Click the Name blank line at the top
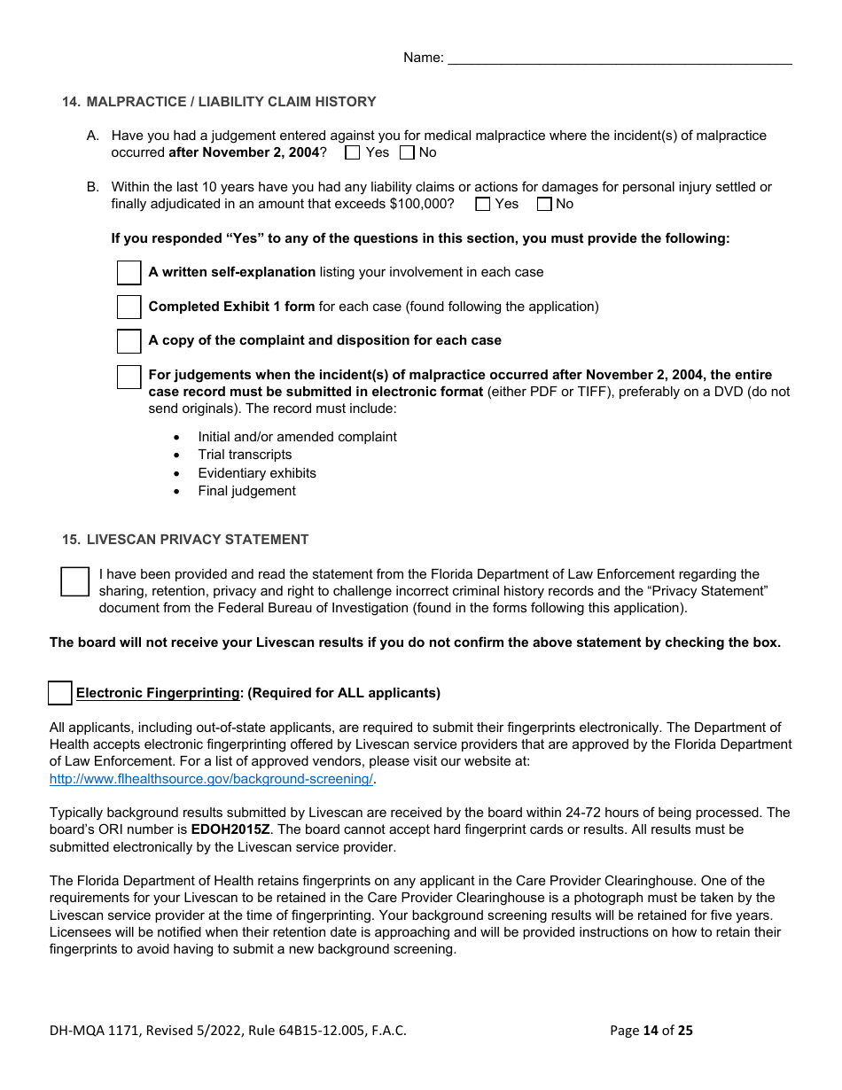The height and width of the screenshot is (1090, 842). pyautogui.click(x=620, y=58)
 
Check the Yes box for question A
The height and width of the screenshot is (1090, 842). pyautogui.click(x=353, y=152)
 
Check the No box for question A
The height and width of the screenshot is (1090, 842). pyautogui.click(x=407, y=152)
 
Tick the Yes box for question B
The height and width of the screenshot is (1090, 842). pyautogui.click(x=483, y=205)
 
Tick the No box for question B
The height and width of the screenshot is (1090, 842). pyautogui.click(x=544, y=205)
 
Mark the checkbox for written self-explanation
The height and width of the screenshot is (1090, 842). pyautogui.click(x=129, y=273)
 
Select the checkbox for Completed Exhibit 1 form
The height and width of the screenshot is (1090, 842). pyautogui.click(x=129, y=308)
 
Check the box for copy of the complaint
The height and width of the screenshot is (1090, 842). pyautogui.click(x=129, y=341)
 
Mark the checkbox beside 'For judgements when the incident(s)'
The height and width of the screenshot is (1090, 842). pyautogui.click(x=129, y=377)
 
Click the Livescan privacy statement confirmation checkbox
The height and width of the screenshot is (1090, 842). pyautogui.click(x=75, y=582)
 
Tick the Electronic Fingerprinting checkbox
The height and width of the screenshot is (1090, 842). pyautogui.click(x=60, y=693)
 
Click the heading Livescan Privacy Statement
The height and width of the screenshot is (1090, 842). pyautogui.click(x=197, y=540)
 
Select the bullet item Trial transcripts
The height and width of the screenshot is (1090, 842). pyautogui.click(x=245, y=455)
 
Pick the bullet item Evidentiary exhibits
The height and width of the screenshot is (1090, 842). pyautogui.click(x=257, y=473)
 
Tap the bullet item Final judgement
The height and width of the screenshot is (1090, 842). pyautogui.click(x=246, y=491)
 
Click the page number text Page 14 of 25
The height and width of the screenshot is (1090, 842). pyautogui.click(x=651, y=1030)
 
